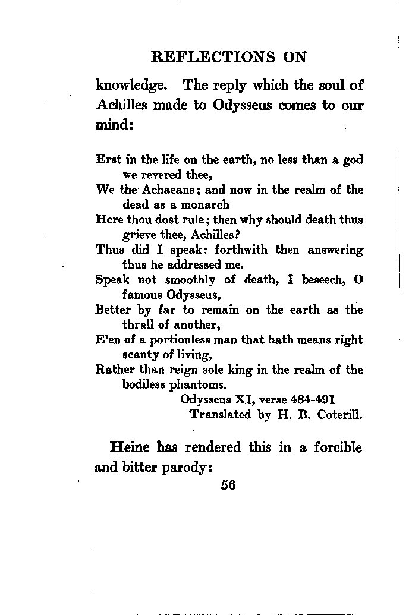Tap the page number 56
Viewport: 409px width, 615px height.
pos(228,484)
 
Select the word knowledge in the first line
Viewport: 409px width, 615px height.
pos(130,86)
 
